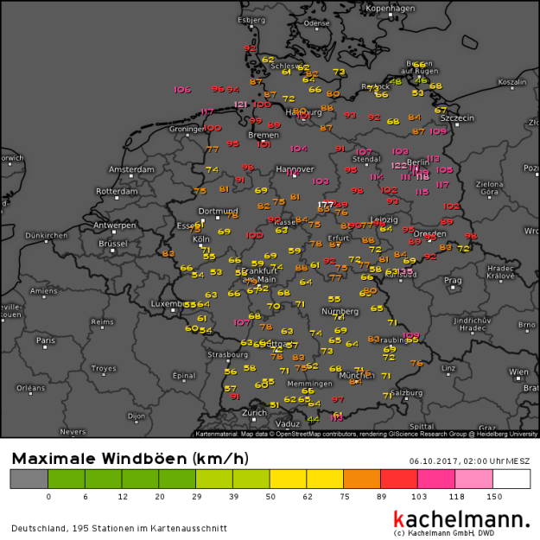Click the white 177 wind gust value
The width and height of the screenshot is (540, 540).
point(325,205)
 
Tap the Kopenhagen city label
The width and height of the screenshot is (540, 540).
point(391,8)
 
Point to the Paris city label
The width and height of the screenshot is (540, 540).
point(46,340)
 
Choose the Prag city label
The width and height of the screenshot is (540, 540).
point(453,280)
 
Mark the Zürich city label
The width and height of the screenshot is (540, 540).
point(254,413)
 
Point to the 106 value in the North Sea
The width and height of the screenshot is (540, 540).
point(181,90)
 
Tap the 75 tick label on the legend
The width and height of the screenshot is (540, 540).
point(344,496)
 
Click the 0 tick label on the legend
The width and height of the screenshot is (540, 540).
point(48,496)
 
